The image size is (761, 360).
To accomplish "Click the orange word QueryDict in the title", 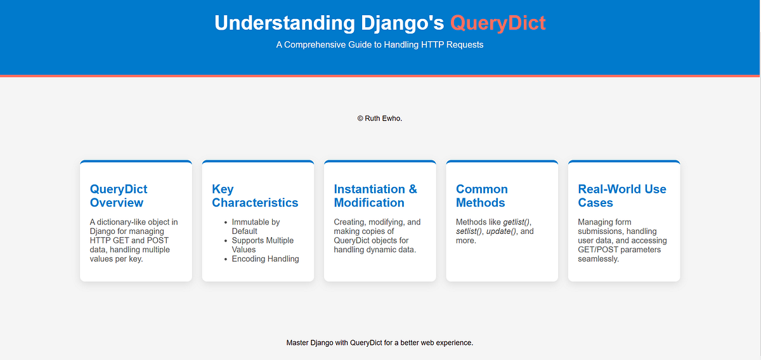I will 497,23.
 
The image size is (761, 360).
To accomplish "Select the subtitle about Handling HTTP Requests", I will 380,45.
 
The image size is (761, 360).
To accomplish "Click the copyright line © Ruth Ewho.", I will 380,118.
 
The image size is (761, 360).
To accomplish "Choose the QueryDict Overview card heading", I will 119,196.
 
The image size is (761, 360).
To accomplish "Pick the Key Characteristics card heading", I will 255,196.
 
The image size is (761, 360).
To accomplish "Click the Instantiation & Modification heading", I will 375,196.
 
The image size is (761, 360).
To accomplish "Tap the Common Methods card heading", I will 482,196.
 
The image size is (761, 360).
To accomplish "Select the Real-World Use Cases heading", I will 622,196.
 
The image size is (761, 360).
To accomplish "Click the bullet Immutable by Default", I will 256,226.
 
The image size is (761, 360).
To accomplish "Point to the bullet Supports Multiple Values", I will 263,245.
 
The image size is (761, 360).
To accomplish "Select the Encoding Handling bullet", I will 265,259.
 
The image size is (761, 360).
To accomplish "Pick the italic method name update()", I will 501,231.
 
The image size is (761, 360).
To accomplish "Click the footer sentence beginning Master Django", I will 380,342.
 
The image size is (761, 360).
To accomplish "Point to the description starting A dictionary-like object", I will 134,240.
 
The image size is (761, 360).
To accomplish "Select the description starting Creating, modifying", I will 377,236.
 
